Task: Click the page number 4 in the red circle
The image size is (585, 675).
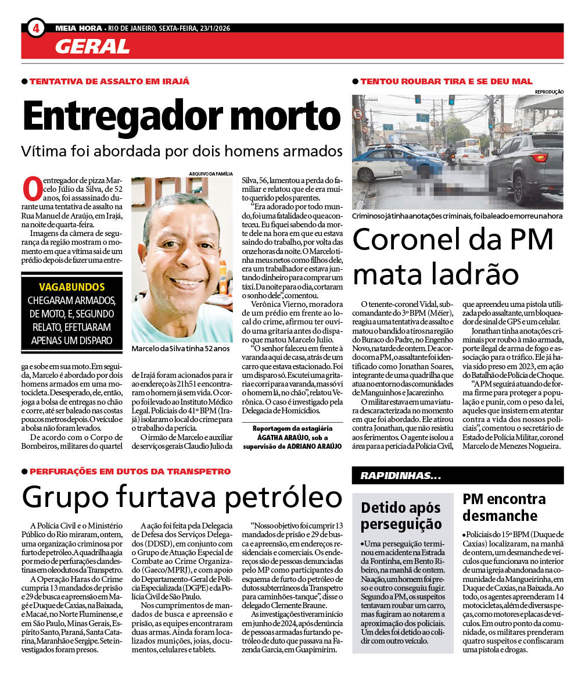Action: click(x=36, y=28)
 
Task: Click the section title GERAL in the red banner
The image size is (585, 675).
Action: click(x=92, y=46)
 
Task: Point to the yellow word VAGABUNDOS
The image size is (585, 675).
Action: click(x=72, y=287)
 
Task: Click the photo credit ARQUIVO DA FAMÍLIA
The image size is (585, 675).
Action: click(x=211, y=173)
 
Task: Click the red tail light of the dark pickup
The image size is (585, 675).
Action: click(x=540, y=158)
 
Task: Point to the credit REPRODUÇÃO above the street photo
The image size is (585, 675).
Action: click(x=548, y=91)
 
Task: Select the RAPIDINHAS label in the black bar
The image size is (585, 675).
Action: click(x=400, y=476)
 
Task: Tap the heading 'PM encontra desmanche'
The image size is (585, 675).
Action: click(x=504, y=507)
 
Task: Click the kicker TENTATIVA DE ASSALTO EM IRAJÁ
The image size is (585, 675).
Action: click(x=109, y=81)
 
